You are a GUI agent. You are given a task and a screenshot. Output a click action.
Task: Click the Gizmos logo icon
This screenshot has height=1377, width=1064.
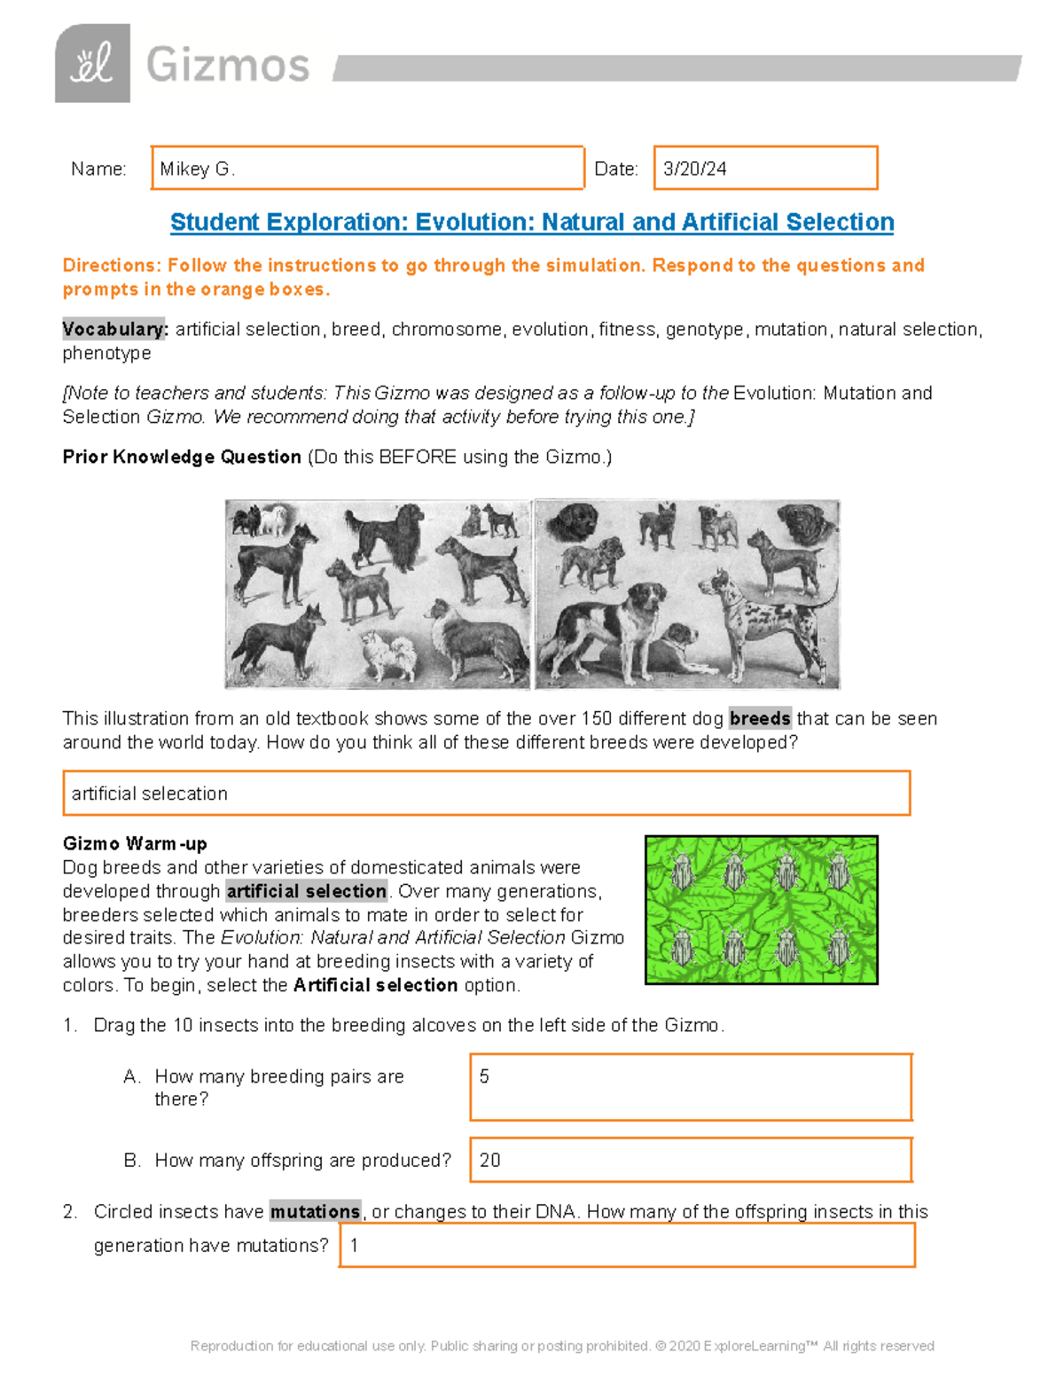point(92,64)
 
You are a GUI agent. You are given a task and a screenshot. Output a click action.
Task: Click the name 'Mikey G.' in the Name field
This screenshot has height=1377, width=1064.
point(197,168)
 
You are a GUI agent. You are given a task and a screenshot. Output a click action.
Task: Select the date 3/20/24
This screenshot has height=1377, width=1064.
point(694,168)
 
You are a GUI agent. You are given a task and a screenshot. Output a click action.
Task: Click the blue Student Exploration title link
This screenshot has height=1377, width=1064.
point(531,222)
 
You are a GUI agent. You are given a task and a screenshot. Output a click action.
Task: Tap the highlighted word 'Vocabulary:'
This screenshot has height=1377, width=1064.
point(114,329)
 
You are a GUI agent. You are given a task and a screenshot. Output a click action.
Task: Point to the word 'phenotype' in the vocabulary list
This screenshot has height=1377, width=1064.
point(106,353)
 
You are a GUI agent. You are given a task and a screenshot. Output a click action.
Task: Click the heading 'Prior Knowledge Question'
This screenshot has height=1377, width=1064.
point(182,457)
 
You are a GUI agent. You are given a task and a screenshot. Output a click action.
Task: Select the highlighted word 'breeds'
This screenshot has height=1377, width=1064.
point(759,718)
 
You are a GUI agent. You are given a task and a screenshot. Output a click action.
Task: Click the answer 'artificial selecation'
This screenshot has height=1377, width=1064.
point(149,794)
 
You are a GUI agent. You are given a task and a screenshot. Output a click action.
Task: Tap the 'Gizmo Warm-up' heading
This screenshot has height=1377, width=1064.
point(135,843)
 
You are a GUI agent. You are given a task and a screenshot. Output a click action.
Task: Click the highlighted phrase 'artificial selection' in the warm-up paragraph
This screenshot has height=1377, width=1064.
point(306,891)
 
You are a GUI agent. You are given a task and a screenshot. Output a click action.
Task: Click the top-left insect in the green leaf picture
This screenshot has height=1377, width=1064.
point(682,872)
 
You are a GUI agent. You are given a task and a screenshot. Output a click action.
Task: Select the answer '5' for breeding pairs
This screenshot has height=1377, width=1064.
point(484,1076)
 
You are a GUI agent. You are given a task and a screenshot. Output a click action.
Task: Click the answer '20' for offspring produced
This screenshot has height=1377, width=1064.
point(489,1160)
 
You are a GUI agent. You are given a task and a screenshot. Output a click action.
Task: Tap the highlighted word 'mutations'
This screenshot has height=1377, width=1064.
point(315,1211)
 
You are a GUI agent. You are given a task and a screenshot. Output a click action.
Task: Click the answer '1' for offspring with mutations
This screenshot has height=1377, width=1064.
point(354,1245)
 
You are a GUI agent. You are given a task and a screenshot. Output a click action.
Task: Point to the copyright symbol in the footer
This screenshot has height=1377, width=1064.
point(660,1346)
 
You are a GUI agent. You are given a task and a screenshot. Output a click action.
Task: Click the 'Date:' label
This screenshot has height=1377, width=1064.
point(615,168)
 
